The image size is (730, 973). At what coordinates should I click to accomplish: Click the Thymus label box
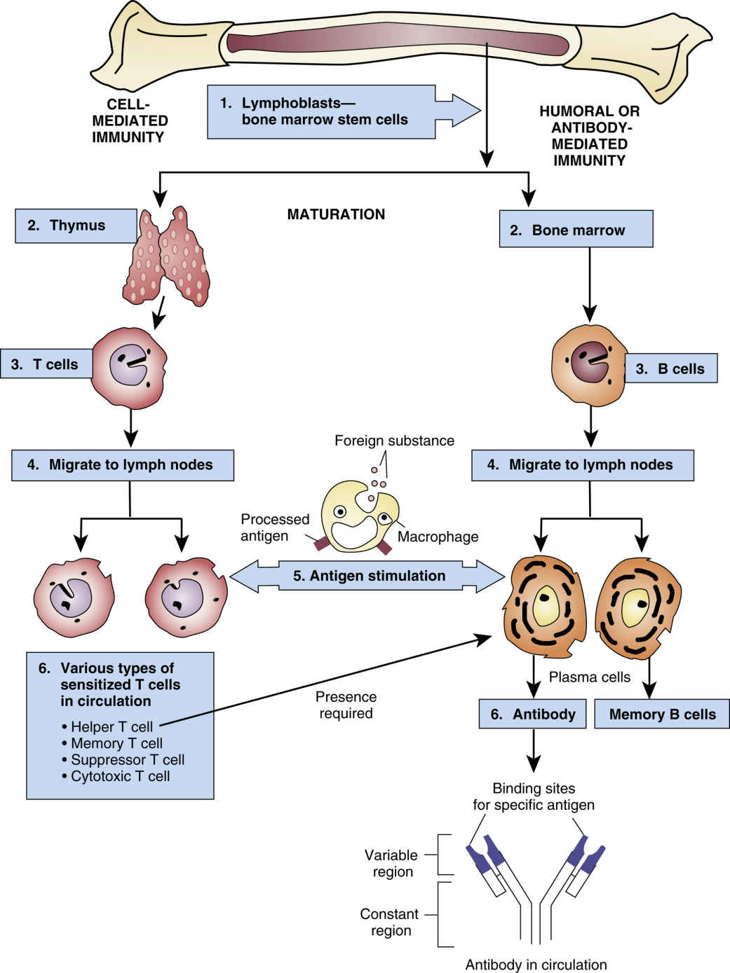76,226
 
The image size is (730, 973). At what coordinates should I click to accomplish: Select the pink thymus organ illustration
168,256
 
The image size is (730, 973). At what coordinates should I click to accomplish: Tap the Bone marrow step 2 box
576,230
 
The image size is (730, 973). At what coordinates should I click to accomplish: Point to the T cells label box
46,364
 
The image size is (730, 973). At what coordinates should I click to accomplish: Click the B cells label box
671,368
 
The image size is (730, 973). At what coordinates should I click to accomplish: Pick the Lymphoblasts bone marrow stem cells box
321,111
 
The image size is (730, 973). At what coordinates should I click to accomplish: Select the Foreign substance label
394,441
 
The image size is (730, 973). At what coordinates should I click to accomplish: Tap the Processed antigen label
274,527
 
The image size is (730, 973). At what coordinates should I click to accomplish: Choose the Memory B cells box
662,715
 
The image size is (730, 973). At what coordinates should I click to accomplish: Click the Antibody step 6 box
533,715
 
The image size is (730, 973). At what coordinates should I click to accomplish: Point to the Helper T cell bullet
111,726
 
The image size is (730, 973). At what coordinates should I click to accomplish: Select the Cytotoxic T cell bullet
120,776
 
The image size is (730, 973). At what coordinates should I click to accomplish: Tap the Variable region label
391,863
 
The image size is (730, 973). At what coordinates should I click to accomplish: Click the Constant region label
389,922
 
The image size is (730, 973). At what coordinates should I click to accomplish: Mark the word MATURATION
336,214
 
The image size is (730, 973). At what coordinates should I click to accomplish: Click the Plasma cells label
589,677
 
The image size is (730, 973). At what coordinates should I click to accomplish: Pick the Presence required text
346,705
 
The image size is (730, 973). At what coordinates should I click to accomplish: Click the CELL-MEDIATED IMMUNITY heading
130,120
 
